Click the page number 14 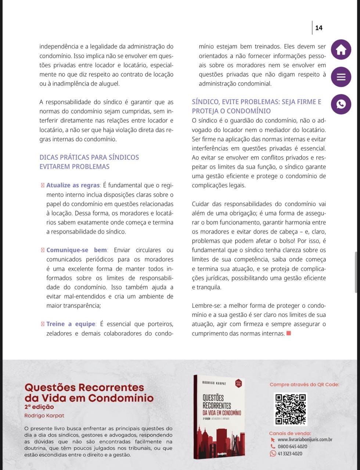(x=318, y=28)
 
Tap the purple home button (x=341, y=50)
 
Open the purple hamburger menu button (x=341, y=77)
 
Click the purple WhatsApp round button (x=341, y=104)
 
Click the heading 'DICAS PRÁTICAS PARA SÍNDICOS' (x=89, y=157)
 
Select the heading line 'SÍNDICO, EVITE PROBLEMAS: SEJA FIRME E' (x=256, y=102)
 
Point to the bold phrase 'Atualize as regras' (x=73, y=185)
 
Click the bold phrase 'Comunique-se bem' (x=77, y=250)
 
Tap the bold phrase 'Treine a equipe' (x=71, y=324)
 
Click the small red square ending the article (x=289, y=333)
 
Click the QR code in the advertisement (x=290, y=409)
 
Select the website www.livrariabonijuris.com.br (x=305, y=440)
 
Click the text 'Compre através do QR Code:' (x=304, y=384)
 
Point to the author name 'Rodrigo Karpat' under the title (x=44, y=416)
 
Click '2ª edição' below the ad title (x=39, y=407)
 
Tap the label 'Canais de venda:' (x=290, y=433)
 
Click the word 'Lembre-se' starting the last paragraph (x=206, y=305)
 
